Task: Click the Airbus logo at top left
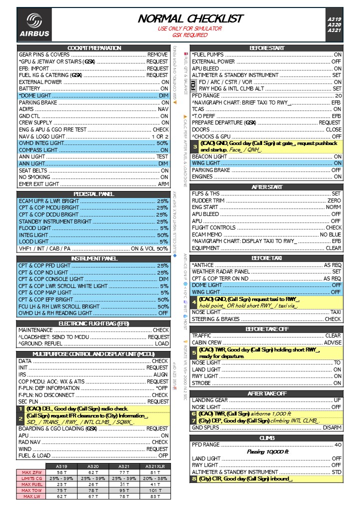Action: (34, 25)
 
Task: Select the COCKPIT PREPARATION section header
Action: (94, 48)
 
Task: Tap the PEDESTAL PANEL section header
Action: (94, 193)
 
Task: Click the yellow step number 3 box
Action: (195, 146)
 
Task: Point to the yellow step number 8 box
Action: (194, 479)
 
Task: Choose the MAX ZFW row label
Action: (31, 472)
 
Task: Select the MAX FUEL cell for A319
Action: (61, 484)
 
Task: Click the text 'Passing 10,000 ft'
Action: (267, 451)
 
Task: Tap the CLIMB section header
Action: (267, 438)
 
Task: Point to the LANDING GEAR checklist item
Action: (210, 400)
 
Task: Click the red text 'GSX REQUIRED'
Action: (189, 35)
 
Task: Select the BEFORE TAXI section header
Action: (267, 258)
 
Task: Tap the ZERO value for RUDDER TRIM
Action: (334, 200)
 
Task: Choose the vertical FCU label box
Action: (194, 85)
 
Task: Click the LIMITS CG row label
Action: (31, 478)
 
